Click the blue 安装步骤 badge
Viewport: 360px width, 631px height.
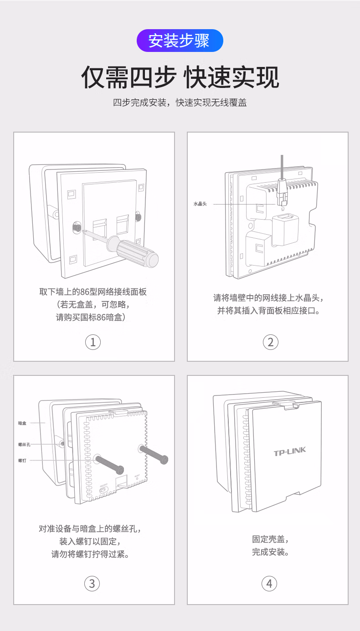click(180, 41)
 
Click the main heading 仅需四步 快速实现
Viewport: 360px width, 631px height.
click(180, 77)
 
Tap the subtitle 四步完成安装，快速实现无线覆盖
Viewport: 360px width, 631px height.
click(180, 103)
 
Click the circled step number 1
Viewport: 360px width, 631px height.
click(93, 342)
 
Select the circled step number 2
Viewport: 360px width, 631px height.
click(270, 342)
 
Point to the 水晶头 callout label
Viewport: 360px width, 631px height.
click(200, 204)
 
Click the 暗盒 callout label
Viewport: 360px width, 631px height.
click(22, 423)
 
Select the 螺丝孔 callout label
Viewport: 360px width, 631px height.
click(24, 444)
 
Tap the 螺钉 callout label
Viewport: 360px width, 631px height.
click(22, 461)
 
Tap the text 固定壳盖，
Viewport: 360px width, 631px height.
click(271, 539)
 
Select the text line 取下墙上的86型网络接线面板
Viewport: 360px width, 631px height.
click(93, 292)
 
